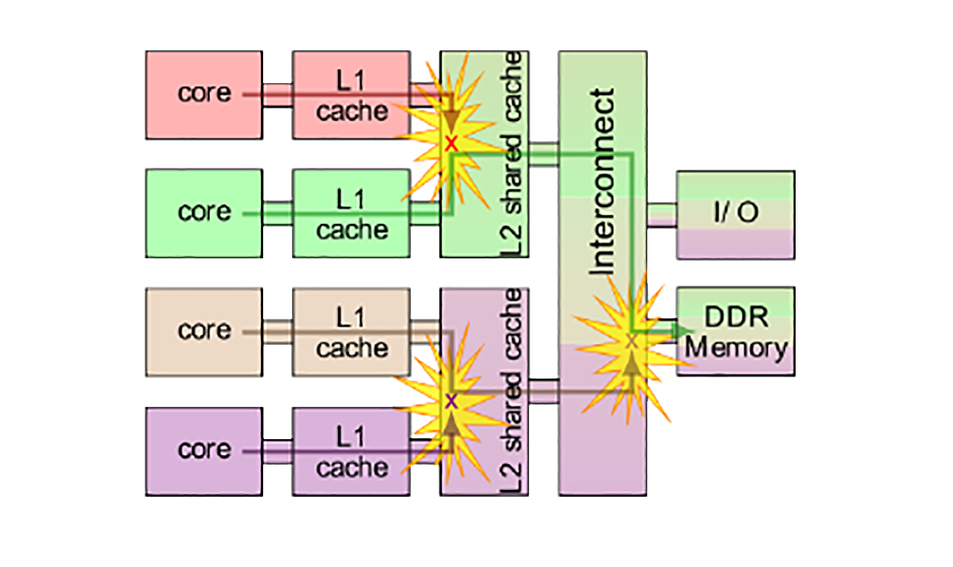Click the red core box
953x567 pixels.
coord(203,94)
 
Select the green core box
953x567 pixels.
coord(203,213)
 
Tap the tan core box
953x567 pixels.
coord(203,331)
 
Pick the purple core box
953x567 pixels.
coord(203,451)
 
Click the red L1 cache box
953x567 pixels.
coord(351,94)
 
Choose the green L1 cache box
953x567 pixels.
coord(351,213)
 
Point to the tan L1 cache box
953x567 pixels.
coord(351,331)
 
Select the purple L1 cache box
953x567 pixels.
coord(351,451)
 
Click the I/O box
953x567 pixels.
coord(735,214)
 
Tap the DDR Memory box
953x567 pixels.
coord(735,331)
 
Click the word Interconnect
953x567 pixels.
coord(603,181)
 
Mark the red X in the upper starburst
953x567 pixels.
coord(451,144)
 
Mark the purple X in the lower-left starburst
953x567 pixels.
coord(451,401)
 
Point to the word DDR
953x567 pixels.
coord(736,317)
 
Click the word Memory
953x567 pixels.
coord(736,348)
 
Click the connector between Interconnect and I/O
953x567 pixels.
coord(662,214)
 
